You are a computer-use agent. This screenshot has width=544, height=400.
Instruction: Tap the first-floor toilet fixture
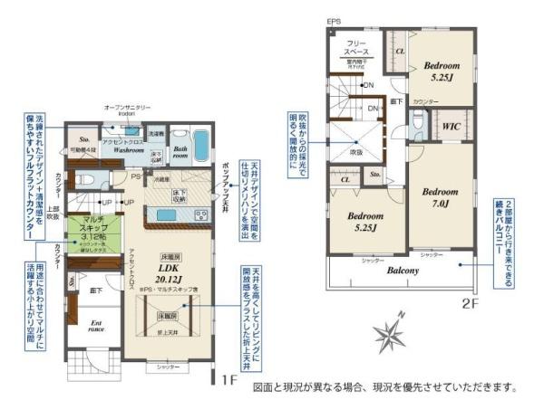click(84, 178)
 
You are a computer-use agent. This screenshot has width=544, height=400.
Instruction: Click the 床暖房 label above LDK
click(169, 257)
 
